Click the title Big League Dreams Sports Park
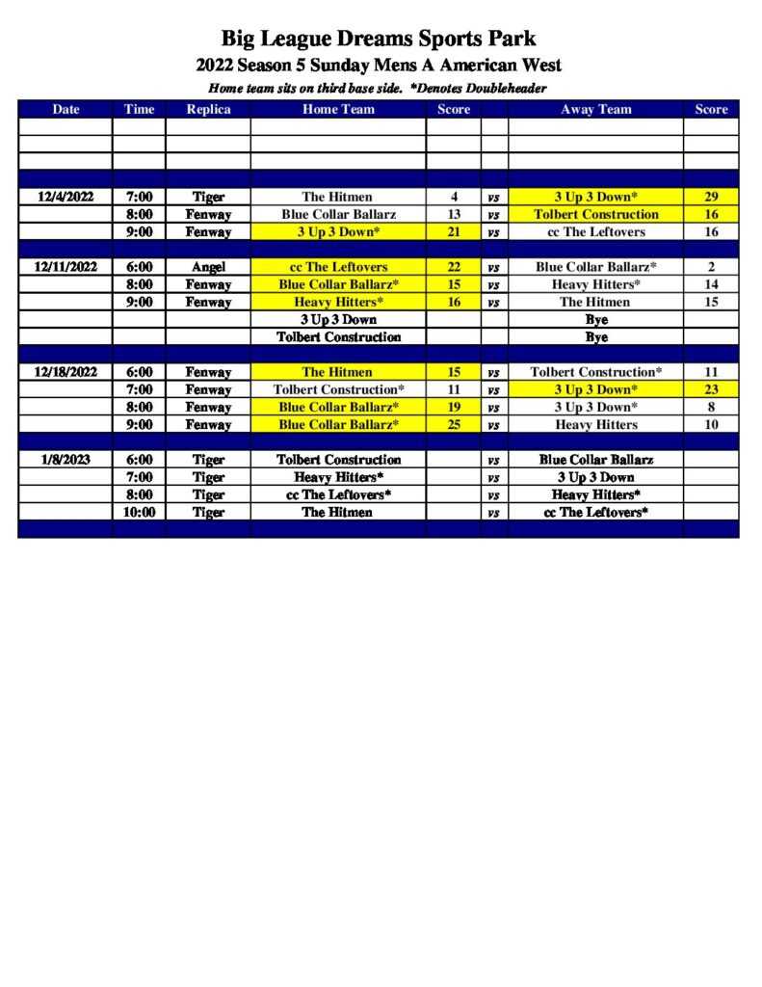(379, 39)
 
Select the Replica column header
(208, 109)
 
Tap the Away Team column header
(595, 109)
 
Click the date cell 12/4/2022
(66, 197)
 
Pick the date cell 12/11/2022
(66, 267)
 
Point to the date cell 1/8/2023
(66, 460)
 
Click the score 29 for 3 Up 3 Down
(711, 197)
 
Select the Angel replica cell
(208, 267)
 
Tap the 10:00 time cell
(139, 512)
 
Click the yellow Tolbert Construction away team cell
(595, 214)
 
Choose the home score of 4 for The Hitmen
(454, 197)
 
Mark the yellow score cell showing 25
(454, 424)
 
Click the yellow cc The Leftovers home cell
(338, 267)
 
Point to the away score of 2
(711, 267)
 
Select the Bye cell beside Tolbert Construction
(595, 337)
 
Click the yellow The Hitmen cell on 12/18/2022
(338, 372)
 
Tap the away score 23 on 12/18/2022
(711, 389)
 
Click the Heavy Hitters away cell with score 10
(595, 424)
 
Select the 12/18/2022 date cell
(66, 372)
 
